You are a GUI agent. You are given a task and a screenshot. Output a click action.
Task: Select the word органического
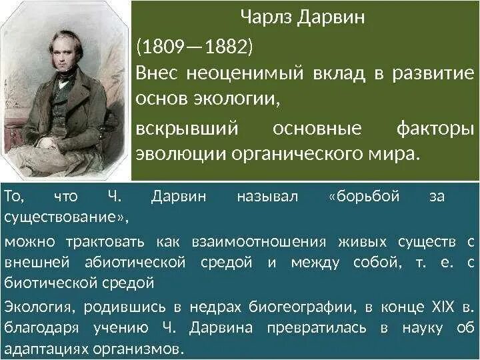pyautogui.click(x=295, y=153)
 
